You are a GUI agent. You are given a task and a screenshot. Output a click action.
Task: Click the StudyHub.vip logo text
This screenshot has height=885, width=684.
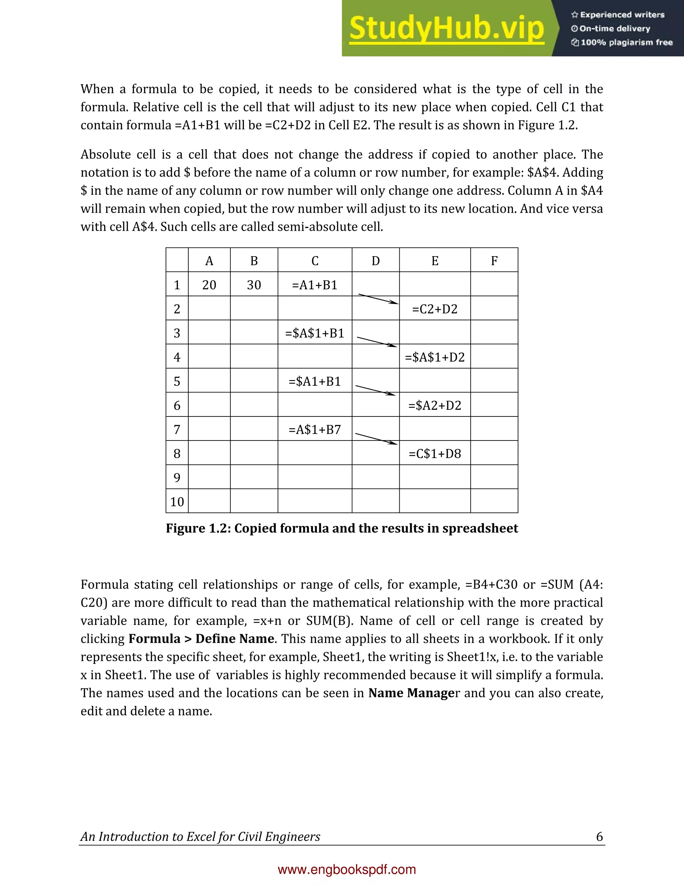click(447, 28)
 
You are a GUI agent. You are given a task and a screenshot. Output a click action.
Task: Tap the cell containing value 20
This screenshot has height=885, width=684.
click(209, 285)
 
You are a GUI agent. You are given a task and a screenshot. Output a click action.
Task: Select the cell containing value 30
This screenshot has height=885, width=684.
click(254, 285)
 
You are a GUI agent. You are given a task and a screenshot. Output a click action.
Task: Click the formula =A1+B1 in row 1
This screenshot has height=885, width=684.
click(315, 285)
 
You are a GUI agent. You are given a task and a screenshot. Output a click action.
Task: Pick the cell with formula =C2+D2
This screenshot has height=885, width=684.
click(435, 309)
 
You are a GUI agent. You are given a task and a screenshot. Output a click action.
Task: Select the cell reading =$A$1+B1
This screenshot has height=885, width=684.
click(315, 333)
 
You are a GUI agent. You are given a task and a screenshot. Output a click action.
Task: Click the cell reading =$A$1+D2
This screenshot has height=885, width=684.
click(435, 357)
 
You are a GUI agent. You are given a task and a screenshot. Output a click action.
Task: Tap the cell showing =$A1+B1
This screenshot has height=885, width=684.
click(315, 381)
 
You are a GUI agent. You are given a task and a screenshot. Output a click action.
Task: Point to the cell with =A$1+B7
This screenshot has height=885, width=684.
click(315, 429)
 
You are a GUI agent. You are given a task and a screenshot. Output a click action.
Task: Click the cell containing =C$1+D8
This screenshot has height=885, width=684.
click(435, 454)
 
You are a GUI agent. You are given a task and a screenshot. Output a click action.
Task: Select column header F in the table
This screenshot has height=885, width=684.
click(494, 261)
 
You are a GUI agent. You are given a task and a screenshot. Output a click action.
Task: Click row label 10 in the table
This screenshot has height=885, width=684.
click(177, 502)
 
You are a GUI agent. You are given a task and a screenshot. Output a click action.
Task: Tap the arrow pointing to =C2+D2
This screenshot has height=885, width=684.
click(378, 299)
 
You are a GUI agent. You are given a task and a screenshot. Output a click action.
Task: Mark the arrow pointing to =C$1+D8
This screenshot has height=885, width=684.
click(376, 439)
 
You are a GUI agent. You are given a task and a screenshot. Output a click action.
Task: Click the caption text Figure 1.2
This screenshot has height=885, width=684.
click(342, 528)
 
